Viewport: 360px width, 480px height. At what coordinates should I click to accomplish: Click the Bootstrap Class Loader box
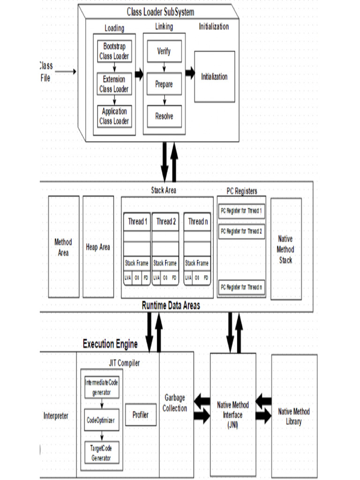click(x=114, y=52)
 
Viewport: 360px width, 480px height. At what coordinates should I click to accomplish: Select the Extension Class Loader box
click(x=114, y=84)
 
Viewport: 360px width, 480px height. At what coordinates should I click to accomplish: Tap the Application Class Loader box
click(x=114, y=116)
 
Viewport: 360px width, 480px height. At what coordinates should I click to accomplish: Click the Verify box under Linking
click(x=164, y=52)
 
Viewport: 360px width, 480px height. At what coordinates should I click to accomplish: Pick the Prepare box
click(x=164, y=84)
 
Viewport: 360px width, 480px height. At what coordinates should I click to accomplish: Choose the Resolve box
click(x=164, y=116)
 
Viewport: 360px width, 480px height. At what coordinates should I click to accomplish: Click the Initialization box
click(x=214, y=77)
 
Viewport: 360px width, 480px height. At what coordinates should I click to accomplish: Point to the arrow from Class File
click(x=67, y=72)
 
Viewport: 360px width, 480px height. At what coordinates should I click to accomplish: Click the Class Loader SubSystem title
click(x=160, y=12)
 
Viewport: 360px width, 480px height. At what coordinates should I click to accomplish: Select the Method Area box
click(x=63, y=247)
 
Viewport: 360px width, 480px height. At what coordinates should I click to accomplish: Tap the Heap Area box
click(x=98, y=247)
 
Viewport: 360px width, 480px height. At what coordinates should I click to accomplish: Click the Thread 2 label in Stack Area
click(x=166, y=222)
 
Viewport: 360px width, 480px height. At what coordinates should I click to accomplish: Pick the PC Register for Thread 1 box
click(x=241, y=211)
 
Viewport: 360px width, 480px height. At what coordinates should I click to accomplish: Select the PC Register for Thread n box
click(x=241, y=286)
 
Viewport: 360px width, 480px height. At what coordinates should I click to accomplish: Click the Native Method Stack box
click(x=286, y=249)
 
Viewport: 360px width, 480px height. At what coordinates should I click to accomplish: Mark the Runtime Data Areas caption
click(x=171, y=306)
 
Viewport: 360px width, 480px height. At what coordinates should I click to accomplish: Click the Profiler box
click(x=141, y=414)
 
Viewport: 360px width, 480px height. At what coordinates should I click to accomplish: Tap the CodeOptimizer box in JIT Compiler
click(x=101, y=420)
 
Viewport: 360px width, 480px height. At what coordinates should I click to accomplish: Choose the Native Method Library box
click(x=294, y=416)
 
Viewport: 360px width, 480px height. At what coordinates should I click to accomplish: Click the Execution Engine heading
click(x=110, y=345)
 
